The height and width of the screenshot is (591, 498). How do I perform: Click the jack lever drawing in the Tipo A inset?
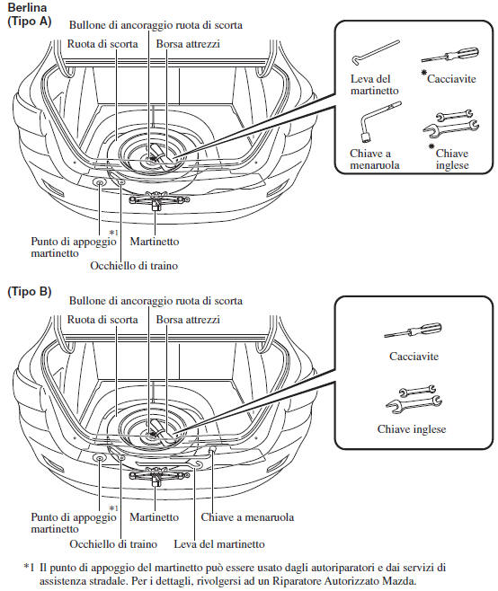(376, 52)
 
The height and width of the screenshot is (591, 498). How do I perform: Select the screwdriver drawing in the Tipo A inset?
(450, 55)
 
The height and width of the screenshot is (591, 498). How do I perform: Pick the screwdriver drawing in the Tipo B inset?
(413, 331)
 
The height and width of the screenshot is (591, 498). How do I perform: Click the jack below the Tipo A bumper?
(159, 200)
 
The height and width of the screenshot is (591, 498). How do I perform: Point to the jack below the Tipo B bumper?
(159, 476)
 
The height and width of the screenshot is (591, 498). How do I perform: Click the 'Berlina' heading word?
(27, 7)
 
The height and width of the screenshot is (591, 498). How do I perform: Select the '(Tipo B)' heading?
(30, 291)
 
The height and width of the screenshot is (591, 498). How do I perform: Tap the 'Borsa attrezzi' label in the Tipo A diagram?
(188, 44)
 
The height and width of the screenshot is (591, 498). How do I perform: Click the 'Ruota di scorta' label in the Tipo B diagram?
(102, 320)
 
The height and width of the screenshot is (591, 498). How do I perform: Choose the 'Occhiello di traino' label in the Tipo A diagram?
(134, 265)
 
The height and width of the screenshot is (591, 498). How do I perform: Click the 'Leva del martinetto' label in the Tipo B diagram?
(219, 544)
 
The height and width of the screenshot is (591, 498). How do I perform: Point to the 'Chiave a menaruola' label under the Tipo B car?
(247, 517)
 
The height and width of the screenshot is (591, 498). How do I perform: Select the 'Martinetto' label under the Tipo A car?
(155, 242)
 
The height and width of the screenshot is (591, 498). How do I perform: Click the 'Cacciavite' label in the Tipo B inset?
(414, 357)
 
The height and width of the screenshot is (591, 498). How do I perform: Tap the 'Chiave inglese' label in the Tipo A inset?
(452, 159)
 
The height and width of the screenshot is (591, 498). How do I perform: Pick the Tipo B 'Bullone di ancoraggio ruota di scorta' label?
(156, 301)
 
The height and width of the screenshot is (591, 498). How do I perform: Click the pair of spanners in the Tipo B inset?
(414, 400)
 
